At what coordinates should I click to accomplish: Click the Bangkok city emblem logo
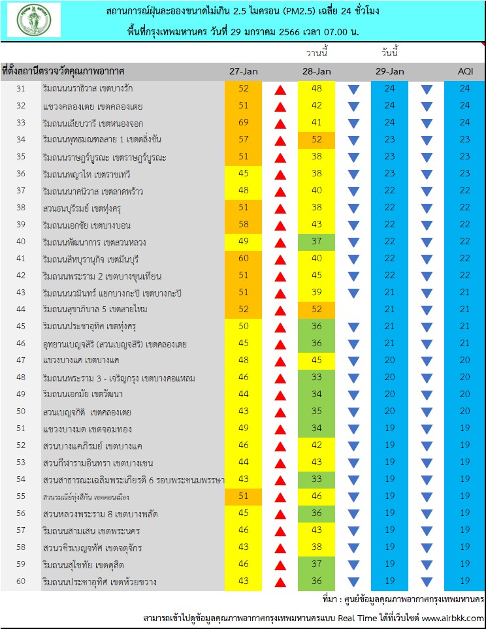35,20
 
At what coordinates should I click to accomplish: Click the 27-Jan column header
244,71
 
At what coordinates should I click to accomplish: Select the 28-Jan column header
317,71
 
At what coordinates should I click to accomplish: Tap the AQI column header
466,71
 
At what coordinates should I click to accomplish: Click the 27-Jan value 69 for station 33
244,122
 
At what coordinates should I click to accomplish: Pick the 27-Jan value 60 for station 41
244,259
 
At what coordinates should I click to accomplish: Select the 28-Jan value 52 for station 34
317,139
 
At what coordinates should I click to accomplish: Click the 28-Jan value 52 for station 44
317,310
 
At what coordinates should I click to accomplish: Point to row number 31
21,88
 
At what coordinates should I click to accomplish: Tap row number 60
21,581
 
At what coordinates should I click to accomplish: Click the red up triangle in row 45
280,328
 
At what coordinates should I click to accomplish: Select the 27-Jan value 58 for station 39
244,224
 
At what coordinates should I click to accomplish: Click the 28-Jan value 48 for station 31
317,88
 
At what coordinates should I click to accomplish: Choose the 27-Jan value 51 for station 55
244,496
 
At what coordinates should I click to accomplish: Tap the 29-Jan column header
390,71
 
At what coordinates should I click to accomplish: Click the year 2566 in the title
289,32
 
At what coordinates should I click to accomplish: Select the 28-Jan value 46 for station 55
317,496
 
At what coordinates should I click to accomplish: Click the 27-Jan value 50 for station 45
244,326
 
